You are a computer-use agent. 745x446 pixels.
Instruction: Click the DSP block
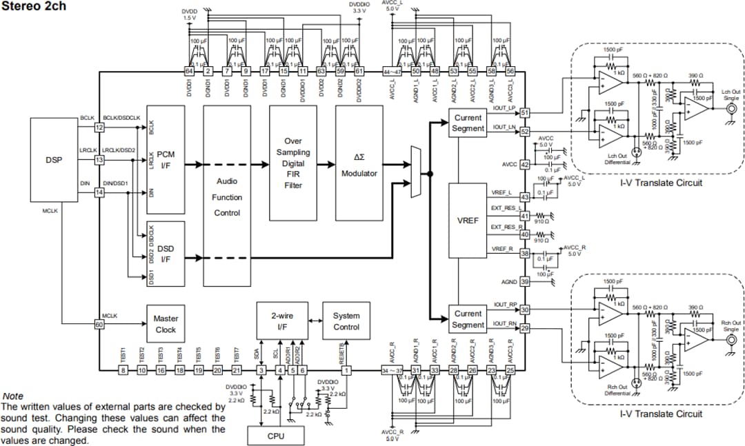tap(54, 160)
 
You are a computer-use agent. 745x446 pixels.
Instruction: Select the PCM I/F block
tap(166, 160)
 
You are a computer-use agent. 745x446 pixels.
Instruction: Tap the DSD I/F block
tap(166, 254)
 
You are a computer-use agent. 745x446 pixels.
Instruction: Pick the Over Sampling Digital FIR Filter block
tap(293, 163)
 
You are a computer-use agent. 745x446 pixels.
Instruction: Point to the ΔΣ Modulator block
tap(359, 163)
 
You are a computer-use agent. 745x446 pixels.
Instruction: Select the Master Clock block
tap(166, 324)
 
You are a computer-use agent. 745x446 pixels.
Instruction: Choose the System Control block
tap(346, 321)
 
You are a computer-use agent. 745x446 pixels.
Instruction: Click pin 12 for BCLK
tap(99, 127)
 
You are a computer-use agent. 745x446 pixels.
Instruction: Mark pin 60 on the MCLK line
tap(99, 324)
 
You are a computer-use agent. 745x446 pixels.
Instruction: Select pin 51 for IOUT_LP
tap(524, 112)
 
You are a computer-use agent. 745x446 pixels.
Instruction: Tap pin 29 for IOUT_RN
tap(524, 329)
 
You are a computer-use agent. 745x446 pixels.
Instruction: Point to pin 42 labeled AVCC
tap(524, 165)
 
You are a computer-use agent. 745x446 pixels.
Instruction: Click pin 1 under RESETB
tap(346, 371)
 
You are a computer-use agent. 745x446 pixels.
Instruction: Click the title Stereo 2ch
tap(32, 8)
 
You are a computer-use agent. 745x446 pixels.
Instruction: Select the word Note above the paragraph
tap(13, 396)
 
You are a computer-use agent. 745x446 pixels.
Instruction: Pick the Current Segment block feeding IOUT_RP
tap(468, 319)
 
